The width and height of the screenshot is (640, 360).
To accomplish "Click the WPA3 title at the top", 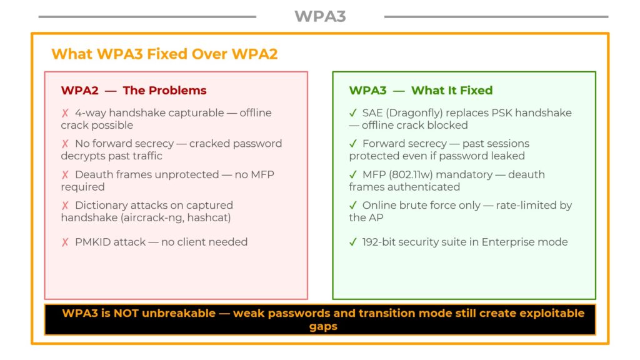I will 320,16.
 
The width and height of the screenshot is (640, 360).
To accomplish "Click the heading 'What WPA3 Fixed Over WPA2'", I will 164,54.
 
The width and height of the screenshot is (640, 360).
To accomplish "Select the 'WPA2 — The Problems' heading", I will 134,90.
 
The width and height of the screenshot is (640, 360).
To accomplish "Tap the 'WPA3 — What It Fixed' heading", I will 421,90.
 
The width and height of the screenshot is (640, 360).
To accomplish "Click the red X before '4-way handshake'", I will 65,113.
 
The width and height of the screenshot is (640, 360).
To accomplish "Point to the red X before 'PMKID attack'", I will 65,242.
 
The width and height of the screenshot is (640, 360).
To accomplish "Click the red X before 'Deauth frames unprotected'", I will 65,174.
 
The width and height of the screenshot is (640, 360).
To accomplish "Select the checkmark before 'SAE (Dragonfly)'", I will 353,113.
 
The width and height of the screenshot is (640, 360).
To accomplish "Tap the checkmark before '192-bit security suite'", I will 353,242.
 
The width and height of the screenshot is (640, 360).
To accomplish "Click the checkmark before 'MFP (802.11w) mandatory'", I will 353,174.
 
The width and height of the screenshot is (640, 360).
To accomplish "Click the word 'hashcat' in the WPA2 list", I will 209,217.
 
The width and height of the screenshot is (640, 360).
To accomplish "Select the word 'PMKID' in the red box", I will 92,242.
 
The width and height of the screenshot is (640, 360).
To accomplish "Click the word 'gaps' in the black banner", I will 323,326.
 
